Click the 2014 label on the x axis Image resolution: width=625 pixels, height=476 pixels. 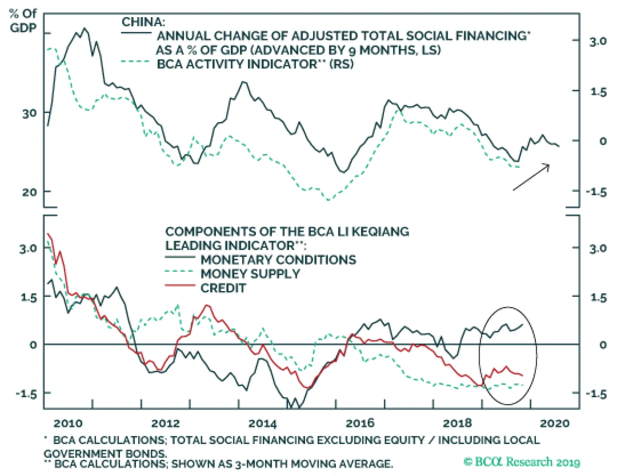pos(262,423)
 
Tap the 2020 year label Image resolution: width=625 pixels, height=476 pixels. pos(555,423)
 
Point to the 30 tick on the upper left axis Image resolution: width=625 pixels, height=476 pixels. pos(29,114)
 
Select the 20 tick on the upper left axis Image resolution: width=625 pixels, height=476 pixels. pos(29,192)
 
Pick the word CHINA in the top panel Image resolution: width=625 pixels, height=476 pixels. pos(143,22)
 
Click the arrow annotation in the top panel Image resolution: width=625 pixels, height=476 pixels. pos(531,177)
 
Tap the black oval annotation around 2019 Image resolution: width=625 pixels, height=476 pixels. pos(508,355)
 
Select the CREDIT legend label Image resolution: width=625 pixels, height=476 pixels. pos(223,288)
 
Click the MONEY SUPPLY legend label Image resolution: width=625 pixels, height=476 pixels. pos(250,274)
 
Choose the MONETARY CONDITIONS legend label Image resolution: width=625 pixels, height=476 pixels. pos(279,260)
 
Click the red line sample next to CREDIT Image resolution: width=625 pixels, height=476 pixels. pos(180,286)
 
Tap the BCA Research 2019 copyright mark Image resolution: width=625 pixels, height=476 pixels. pos(522,462)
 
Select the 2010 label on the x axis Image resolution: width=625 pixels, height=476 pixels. pos(68,423)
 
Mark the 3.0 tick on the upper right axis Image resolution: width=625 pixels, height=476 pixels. pos(598,41)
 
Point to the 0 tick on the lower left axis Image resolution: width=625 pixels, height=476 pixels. pos(33,345)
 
